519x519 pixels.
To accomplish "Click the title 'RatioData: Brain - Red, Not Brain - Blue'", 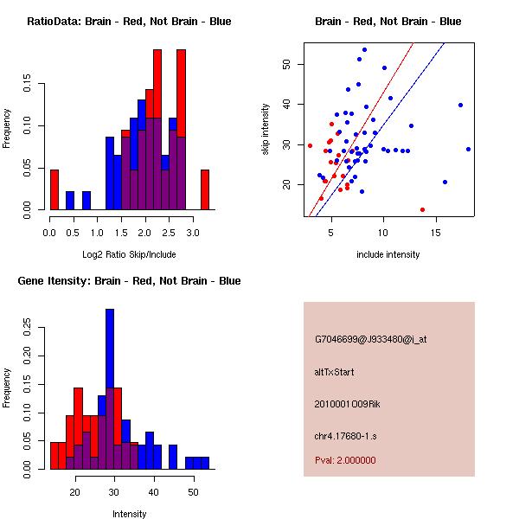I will tap(129, 21).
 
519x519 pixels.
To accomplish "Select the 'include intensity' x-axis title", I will tap(388, 254).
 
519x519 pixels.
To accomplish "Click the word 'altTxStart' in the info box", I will tap(335, 372).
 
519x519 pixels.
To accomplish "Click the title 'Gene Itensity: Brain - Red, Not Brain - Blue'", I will tap(129, 281).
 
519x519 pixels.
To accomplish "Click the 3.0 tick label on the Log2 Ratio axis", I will tap(197, 233).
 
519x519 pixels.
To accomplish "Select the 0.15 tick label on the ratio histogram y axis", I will tap(30, 85).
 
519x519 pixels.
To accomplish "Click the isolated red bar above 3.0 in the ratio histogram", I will tap(205, 189).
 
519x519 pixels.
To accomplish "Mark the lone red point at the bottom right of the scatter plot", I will tap(422, 209).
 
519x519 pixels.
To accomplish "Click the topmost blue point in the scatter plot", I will tap(364, 49).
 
